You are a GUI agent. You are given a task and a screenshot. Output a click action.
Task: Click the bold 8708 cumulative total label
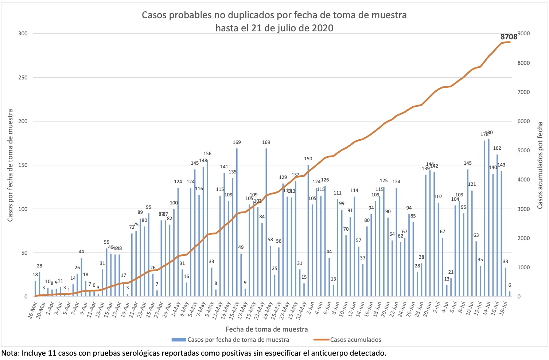click(x=509, y=37)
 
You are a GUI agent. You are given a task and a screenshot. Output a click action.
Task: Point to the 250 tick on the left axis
click(x=23, y=78)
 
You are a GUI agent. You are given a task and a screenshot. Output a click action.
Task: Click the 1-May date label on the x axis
click(x=175, y=310)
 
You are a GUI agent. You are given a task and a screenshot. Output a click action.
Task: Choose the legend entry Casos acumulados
click(x=355, y=340)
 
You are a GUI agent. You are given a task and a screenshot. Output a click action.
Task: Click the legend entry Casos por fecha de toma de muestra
click(x=238, y=340)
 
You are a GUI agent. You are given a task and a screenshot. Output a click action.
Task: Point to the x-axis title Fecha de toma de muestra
click(x=266, y=329)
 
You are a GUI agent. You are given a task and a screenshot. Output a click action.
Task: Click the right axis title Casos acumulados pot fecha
click(x=540, y=165)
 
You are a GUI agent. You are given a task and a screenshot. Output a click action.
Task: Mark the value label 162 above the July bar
click(x=497, y=148)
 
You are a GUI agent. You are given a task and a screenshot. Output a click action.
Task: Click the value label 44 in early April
click(x=81, y=252)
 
